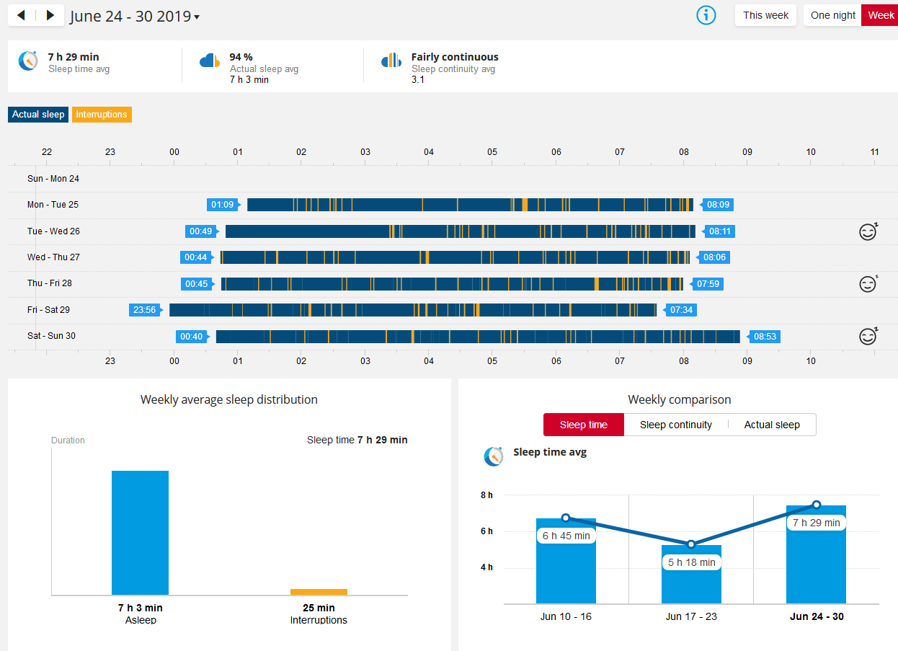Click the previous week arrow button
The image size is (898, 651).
pos(22,15)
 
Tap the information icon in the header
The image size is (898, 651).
pos(706,15)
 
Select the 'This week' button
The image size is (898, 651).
pos(765,15)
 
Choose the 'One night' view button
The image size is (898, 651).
pos(832,15)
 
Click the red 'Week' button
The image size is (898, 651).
pos(881,15)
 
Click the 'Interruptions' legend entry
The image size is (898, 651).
pos(102,115)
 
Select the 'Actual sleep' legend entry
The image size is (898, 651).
pos(38,115)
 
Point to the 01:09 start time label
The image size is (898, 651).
pos(223,205)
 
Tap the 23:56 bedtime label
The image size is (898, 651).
pos(144,310)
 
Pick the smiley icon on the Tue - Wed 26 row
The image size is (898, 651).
pos(868,231)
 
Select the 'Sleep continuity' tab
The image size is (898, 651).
pos(676,425)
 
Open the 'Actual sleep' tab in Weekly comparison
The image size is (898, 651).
pos(772,425)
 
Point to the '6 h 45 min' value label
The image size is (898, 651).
pos(566,536)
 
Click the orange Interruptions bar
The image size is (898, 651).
pos(319,592)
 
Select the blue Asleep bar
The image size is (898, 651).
pos(140,533)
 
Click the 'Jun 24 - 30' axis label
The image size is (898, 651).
pos(817,616)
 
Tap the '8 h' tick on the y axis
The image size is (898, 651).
pos(487,495)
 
